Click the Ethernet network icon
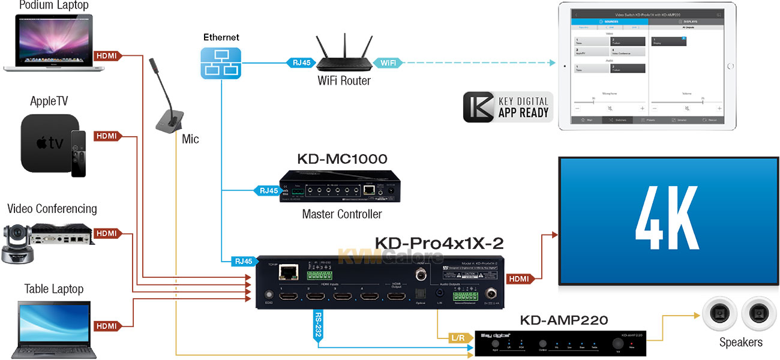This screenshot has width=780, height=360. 221,63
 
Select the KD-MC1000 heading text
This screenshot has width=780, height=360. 342,159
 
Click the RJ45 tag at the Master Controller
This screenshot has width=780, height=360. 268,191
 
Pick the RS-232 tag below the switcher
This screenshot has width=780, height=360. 319,325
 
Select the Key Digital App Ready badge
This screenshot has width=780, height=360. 506,107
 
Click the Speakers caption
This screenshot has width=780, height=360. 741,343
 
